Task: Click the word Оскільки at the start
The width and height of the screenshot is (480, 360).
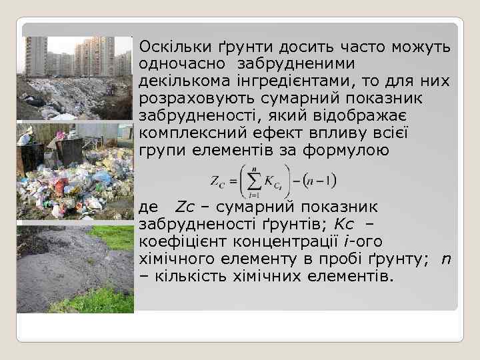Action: pyautogui.click(x=170, y=49)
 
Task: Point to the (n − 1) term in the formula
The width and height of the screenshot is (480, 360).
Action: pyautogui.click(x=319, y=181)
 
